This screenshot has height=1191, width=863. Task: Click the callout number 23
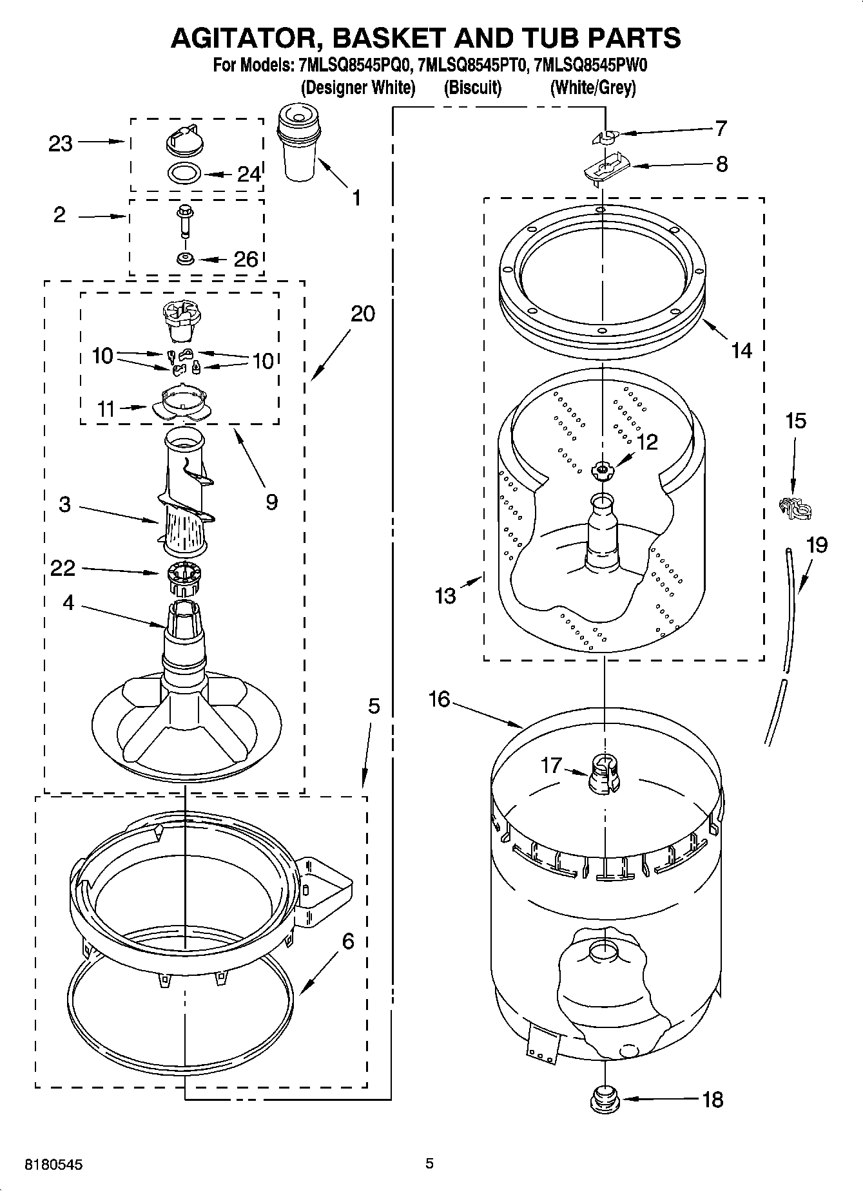pos(61,143)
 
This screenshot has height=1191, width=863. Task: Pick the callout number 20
pos(362,314)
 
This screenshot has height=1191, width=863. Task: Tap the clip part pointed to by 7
pos(605,136)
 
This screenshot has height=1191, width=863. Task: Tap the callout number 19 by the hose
pos(817,545)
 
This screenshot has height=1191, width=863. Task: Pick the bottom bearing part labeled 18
pos(604,1100)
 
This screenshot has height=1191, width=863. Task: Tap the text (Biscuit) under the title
pos(472,87)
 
